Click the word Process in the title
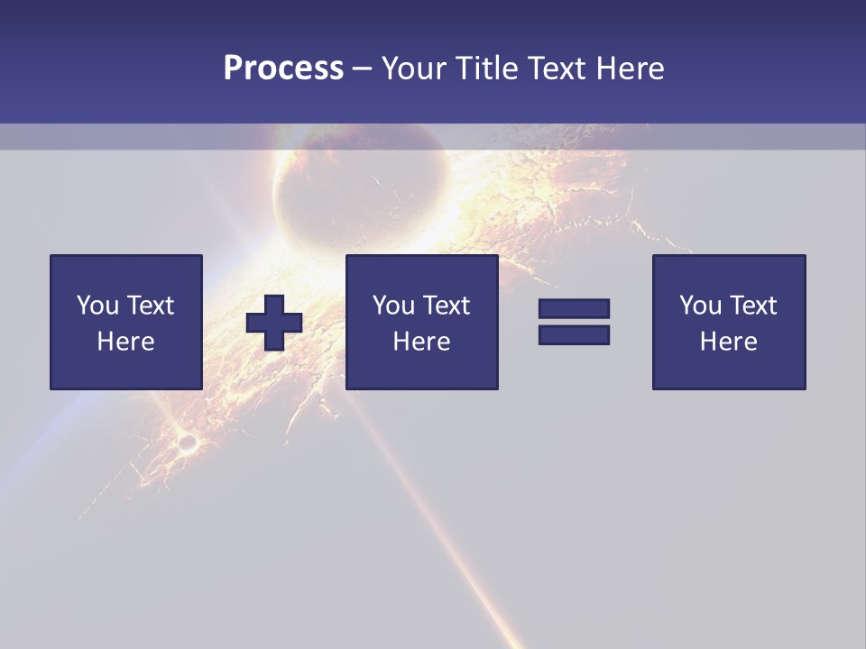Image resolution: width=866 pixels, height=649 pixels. (283, 69)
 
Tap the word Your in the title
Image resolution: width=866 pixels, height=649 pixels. (412, 69)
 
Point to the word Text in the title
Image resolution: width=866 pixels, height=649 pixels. (557, 69)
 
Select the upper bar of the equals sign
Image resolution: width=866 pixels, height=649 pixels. (574, 308)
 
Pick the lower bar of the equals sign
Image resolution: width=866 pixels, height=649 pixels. (574, 335)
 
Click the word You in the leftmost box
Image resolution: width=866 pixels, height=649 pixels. (97, 306)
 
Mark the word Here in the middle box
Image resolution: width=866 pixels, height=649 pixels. (422, 342)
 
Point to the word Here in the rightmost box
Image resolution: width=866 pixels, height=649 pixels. (729, 342)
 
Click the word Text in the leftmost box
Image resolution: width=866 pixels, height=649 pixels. (150, 306)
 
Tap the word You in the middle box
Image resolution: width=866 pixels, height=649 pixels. (393, 306)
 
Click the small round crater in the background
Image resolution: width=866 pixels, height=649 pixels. (188, 443)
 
